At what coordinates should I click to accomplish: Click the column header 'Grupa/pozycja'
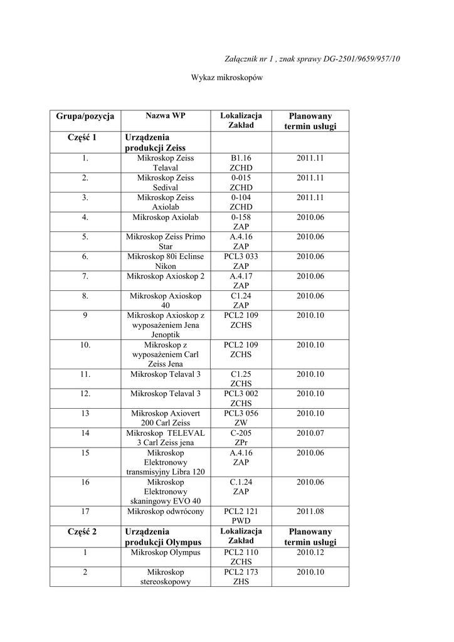[85, 116]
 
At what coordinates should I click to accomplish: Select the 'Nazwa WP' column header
[166, 115]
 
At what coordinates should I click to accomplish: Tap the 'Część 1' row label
[85, 137]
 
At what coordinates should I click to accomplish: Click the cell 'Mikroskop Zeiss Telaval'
[166, 163]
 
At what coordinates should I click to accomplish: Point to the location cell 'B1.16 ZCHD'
[241, 163]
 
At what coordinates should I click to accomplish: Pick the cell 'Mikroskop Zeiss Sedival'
[166, 182]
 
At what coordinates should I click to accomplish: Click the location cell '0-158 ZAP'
[241, 221]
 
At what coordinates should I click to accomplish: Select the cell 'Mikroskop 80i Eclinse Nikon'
[166, 261]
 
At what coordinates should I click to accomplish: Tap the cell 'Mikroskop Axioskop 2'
[166, 276]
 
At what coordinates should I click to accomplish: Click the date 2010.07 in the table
[310, 433]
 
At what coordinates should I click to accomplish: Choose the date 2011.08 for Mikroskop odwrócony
[310, 512]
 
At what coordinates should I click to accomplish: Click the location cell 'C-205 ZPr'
[241, 437]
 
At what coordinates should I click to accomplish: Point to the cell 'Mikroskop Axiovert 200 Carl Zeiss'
[166, 418]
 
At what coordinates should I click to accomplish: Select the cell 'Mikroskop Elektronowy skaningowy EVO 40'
[166, 492]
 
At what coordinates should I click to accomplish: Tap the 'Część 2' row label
[85, 532]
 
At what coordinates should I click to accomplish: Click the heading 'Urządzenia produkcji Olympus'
[163, 537]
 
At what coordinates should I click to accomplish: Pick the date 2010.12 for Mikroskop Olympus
[310, 552]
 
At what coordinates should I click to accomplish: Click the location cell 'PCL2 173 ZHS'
[241, 577]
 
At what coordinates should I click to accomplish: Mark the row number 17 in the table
[85, 512]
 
